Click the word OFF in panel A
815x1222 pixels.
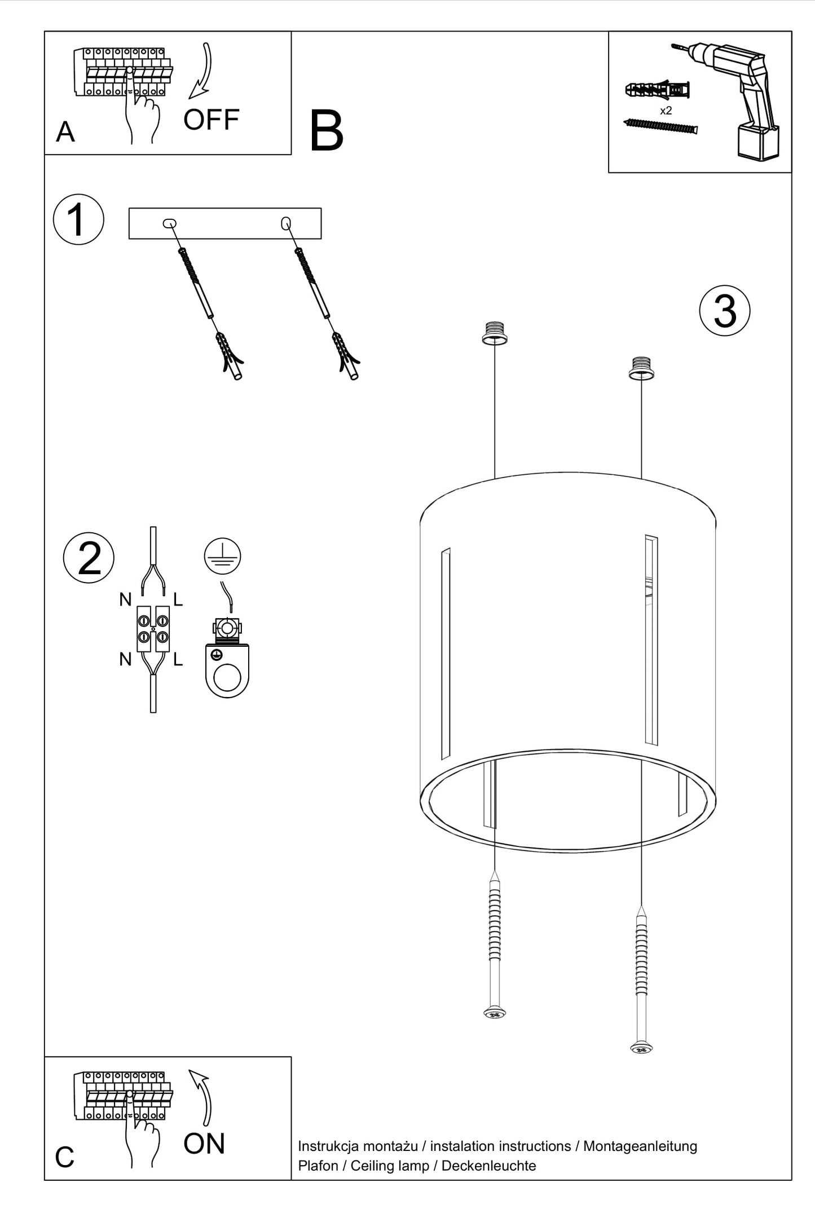click(x=211, y=120)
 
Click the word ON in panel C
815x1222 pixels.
click(x=204, y=1144)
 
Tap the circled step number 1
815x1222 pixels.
click(x=78, y=219)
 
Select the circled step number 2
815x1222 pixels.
click(x=89, y=558)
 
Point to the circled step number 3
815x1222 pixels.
click(x=724, y=311)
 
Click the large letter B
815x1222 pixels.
click(x=326, y=131)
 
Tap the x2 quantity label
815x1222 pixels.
click(x=666, y=111)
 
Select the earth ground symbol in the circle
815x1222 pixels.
click(x=222, y=555)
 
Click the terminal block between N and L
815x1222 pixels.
click(x=153, y=629)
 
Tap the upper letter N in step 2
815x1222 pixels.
click(x=125, y=599)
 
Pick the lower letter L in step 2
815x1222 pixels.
click(x=178, y=659)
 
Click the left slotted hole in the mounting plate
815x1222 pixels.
click(x=169, y=223)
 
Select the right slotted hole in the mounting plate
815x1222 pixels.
click(x=286, y=223)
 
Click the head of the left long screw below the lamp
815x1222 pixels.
click(x=495, y=1013)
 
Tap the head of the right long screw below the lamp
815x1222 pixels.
click(x=641, y=1048)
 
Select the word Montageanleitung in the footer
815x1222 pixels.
click(x=640, y=1146)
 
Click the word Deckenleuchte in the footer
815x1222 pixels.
click(x=488, y=1166)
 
